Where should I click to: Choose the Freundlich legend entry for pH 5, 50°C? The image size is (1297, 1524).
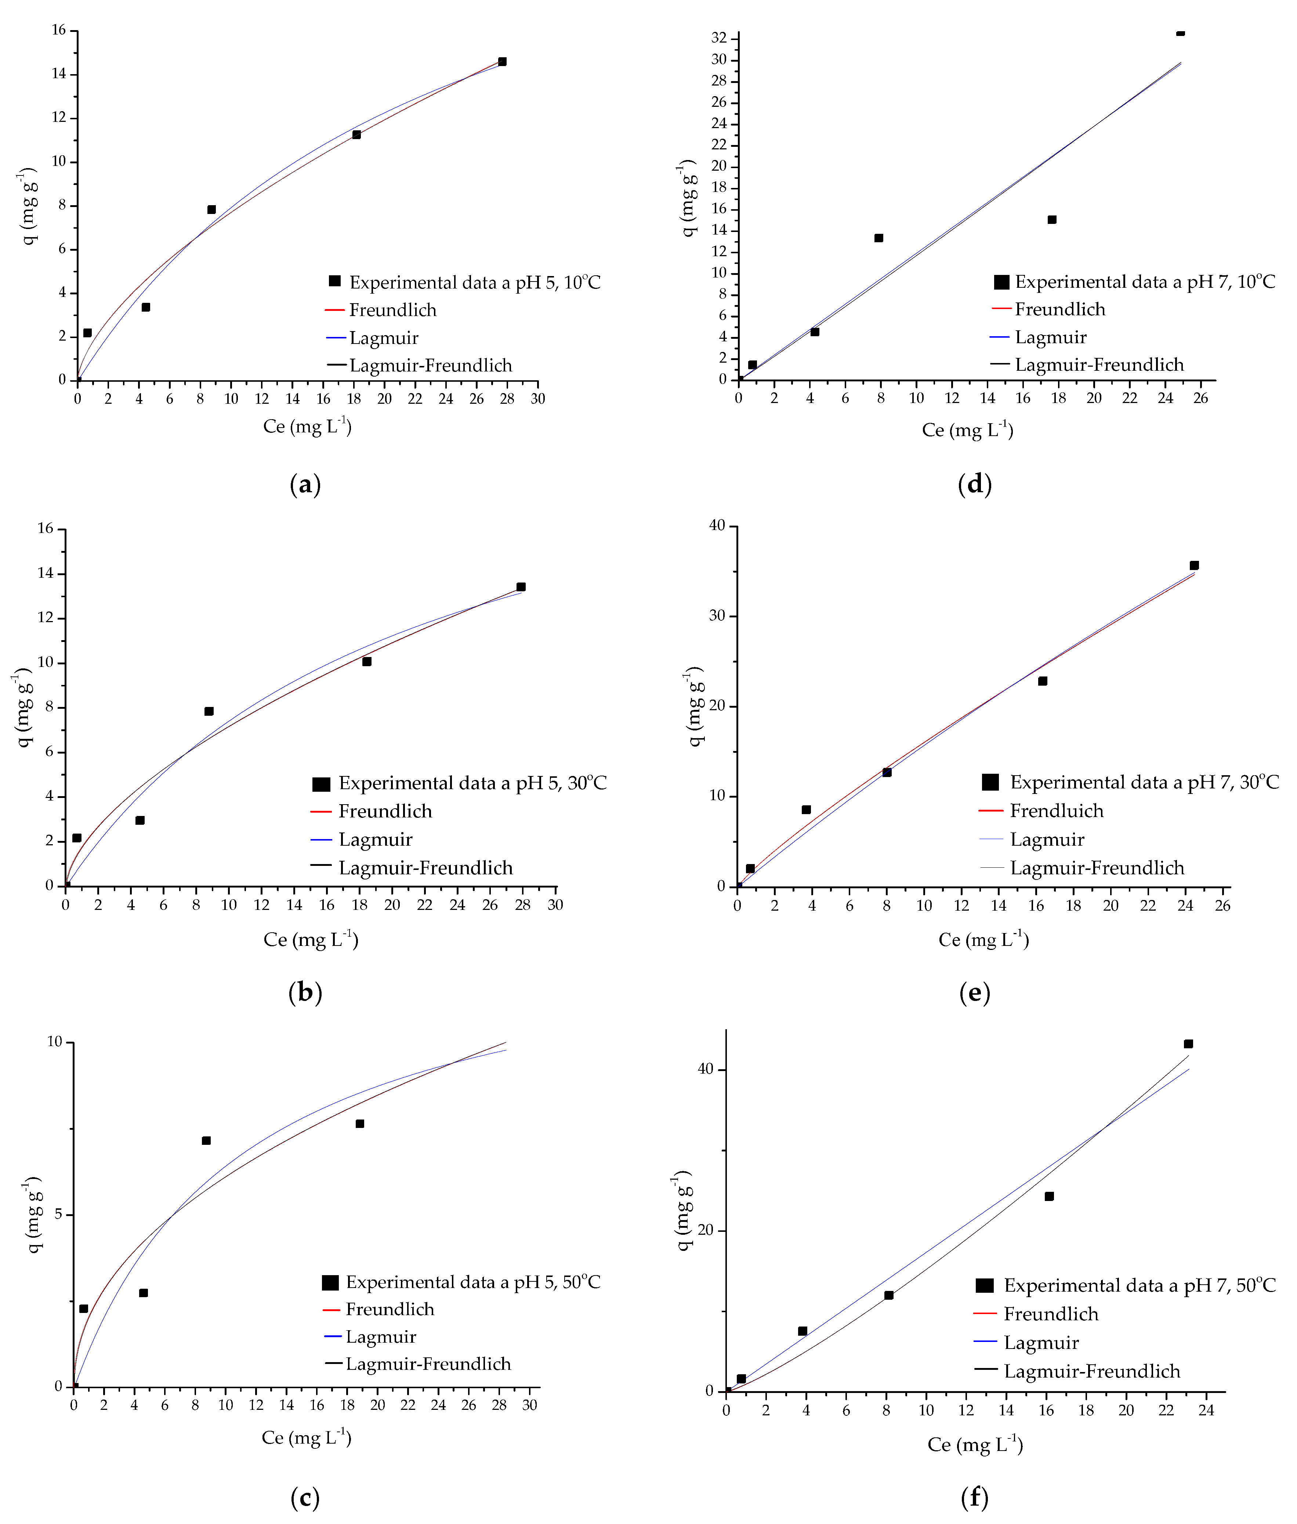[x=390, y=1309]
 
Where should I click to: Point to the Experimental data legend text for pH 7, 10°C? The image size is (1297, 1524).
[x=1144, y=282]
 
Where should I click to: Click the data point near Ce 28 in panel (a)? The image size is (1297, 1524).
[x=502, y=62]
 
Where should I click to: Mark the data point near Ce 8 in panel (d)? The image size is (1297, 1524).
[x=878, y=238]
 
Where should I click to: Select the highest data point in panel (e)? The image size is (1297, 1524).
[x=1194, y=565]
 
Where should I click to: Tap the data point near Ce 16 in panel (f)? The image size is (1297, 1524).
[x=1049, y=1196]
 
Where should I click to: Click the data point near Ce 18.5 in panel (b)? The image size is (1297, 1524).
[x=367, y=662]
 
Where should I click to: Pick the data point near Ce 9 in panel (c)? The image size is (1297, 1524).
[x=207, y=1140]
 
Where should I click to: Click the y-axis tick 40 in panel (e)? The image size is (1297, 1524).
[x=717, y=526]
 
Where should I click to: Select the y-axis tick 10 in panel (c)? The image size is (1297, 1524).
[x=55, y=1042]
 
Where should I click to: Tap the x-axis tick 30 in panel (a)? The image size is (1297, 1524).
[x=537, y=399]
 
